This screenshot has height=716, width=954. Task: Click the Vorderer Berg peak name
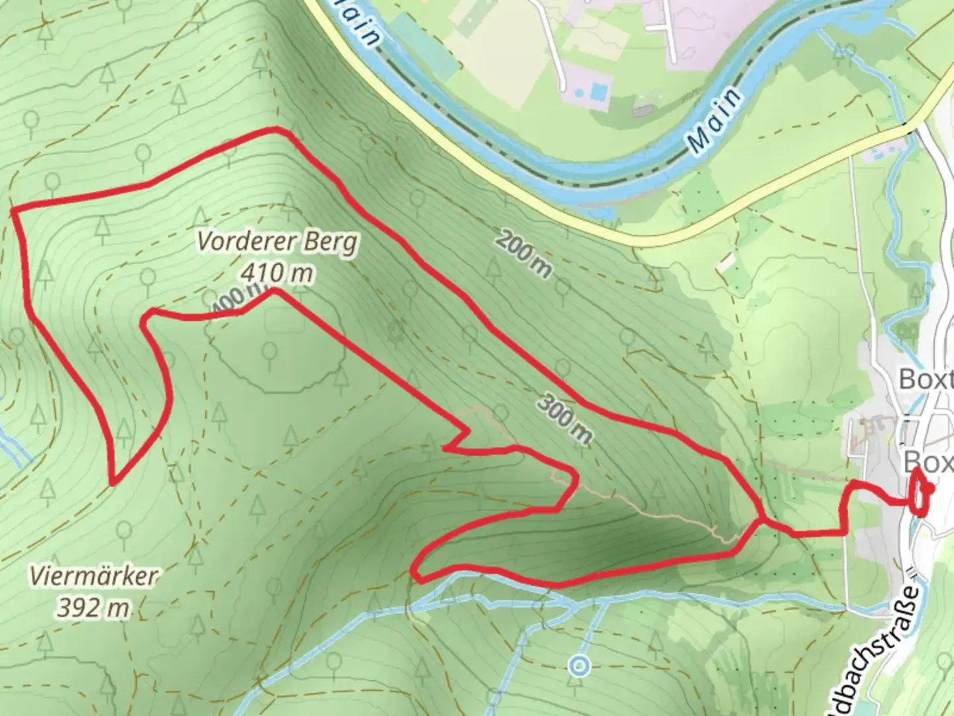click(277, 241)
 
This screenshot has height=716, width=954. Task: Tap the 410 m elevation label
click(277, 272)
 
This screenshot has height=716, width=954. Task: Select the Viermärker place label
click(94, 575)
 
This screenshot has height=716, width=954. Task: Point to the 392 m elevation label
click(93, 607)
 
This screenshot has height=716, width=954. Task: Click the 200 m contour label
click(523, 255)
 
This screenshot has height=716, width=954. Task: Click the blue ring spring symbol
click(580, 664)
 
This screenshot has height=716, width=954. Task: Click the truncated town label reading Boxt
click(925, 380)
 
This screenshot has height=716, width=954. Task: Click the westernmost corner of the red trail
click(13, 211)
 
